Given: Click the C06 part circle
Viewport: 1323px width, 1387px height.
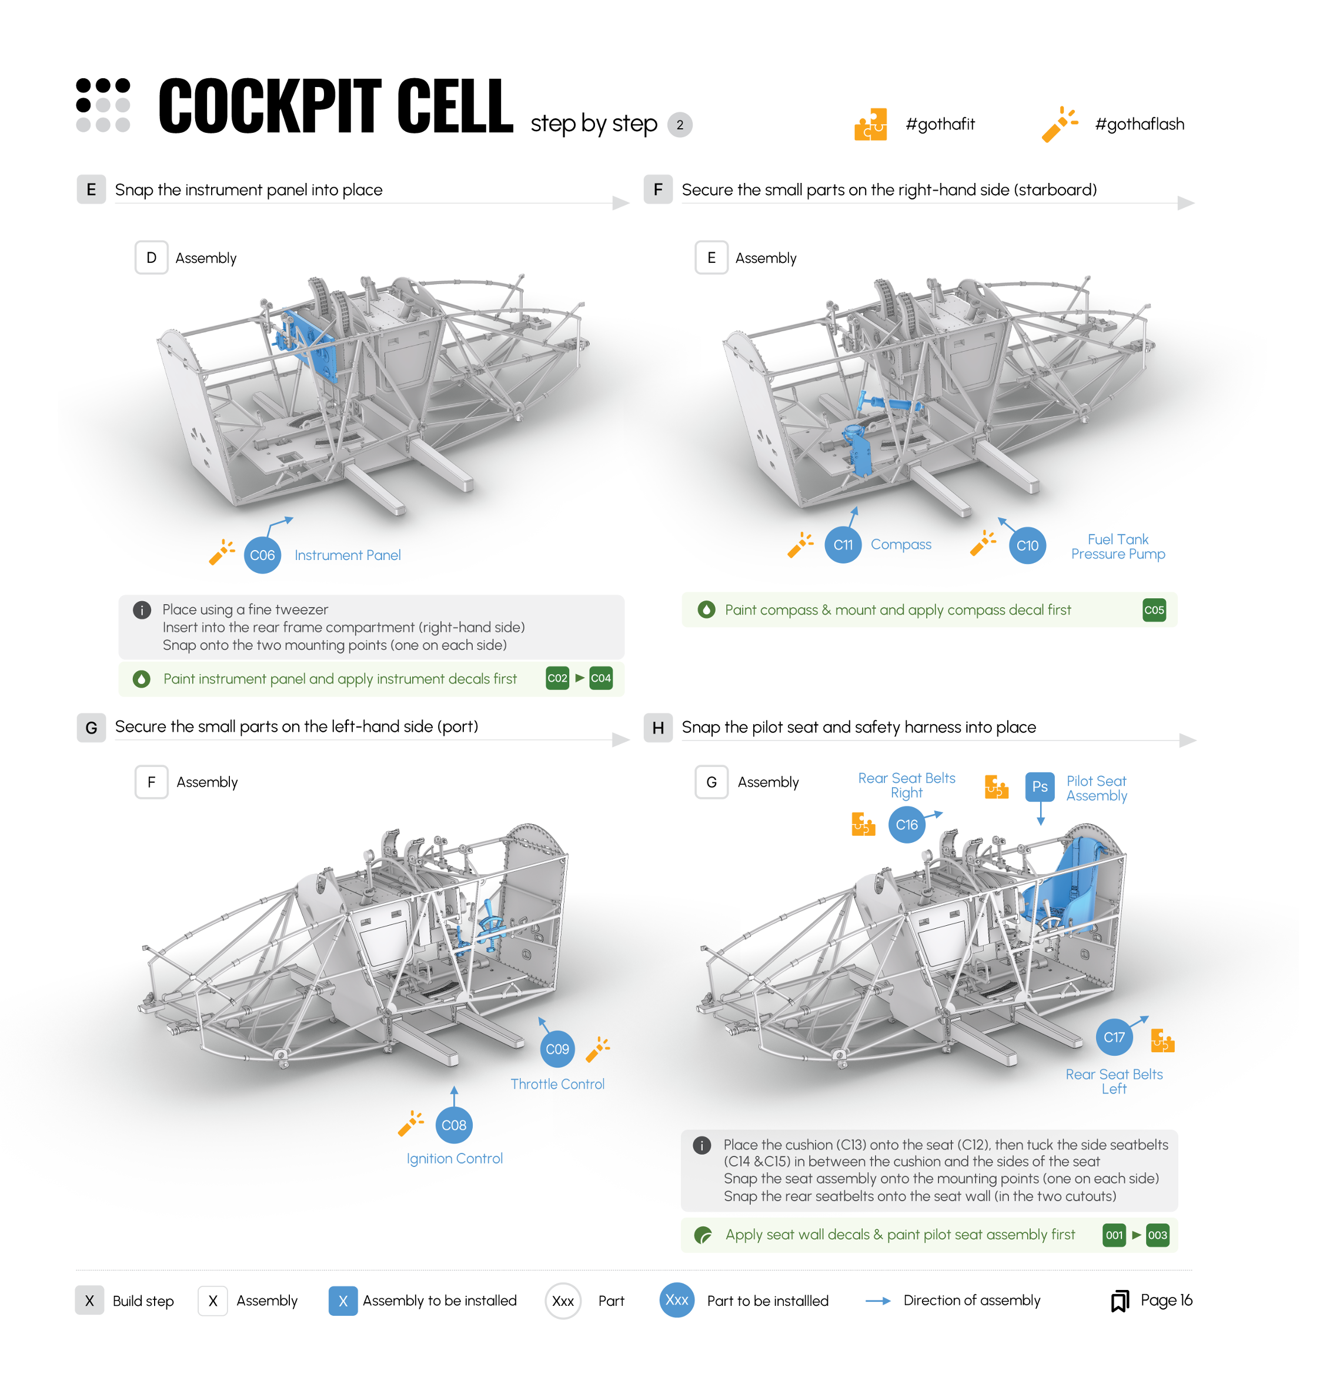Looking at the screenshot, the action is click(262, 555).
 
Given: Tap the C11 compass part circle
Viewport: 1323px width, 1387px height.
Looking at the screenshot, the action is click(843, 545).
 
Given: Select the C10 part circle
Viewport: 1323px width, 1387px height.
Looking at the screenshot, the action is click(1027, 545).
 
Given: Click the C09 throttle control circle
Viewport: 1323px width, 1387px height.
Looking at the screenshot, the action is click(557, 1049).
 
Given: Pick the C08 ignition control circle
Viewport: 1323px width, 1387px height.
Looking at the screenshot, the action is click(453, 1125).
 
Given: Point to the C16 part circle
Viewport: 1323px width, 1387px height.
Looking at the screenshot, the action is click(907, 825).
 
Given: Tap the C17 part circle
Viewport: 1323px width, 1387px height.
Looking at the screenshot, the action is click(1114, 1037).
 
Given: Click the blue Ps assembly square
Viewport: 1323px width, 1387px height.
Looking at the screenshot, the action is click(1040, 786).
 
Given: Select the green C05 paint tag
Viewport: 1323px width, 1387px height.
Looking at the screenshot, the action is click(1154, 610).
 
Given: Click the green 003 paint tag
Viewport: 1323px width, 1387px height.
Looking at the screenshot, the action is click(1157, 1235).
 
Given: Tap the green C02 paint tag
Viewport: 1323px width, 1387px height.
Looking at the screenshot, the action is click(557, 678).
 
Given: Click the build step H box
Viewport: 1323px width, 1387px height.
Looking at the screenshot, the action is click(658, 728).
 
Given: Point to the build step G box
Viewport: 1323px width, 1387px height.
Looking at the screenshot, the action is click(91, 728).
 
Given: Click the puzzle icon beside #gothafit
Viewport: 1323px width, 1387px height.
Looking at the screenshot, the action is click(870, 125).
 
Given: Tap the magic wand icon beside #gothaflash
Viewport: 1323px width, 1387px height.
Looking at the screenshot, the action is click(1059, 124).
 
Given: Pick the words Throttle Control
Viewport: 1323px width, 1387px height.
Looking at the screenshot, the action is click(557, 1084).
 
